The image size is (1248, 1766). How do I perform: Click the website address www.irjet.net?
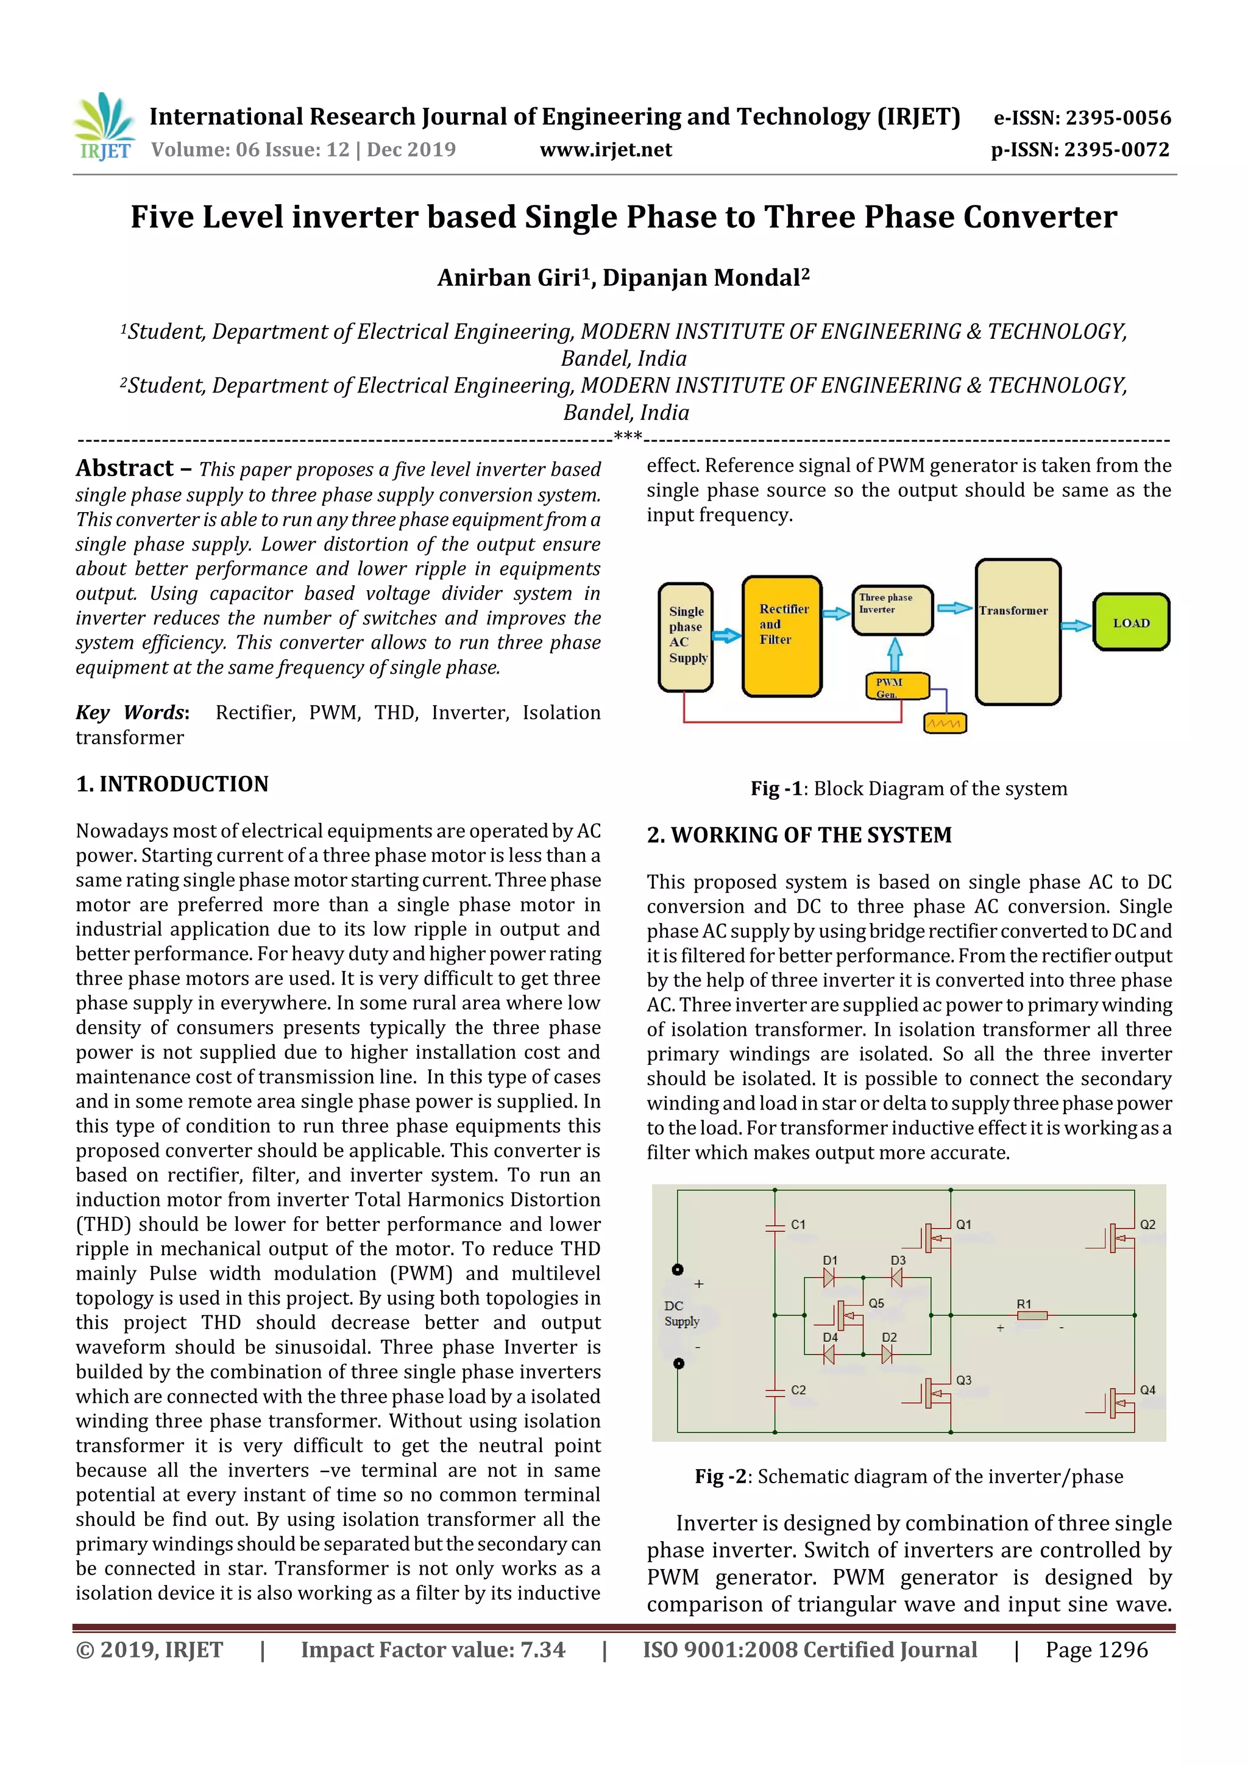click(605, 150)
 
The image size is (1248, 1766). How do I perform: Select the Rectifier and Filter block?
click(781, 635)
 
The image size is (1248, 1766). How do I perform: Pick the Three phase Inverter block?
click(892, 609)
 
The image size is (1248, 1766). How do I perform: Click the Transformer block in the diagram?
click(1017, 632)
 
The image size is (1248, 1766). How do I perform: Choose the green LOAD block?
click(1130, 622)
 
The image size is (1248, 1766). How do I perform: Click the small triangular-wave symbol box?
click(945, 723)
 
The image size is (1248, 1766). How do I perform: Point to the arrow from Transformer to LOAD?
click(1076, 625)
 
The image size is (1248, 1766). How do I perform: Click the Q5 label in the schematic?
click(876, 1303)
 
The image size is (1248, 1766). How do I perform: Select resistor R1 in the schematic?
click(1031, 1316)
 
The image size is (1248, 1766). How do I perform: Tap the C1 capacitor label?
click(798, 1223)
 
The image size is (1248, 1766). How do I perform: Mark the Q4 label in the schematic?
click(1147, 1390)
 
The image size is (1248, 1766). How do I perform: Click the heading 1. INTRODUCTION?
click(172, 784)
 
